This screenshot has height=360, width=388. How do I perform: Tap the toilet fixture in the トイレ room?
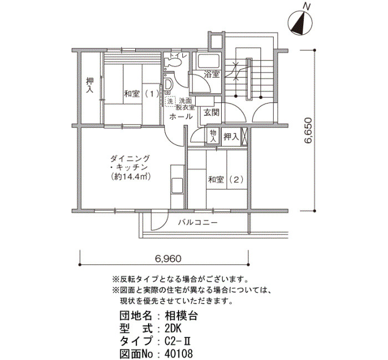click(172, 63)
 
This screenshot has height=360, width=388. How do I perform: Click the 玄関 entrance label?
click(211, 113)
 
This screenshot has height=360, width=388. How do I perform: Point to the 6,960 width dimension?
click(169, 259)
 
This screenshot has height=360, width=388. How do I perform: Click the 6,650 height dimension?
click(308, 131)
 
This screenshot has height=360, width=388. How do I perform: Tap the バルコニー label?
click(198, 223)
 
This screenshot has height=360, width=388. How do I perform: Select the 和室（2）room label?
click(226, 179)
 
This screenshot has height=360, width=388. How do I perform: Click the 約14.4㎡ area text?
click(131, 177)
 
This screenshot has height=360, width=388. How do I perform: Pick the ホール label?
click(181, 116)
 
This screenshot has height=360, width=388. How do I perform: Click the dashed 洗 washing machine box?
click(170, 101)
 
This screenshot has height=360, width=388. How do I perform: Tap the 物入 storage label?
click(213, 136)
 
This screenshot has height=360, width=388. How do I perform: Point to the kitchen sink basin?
click(177, 185)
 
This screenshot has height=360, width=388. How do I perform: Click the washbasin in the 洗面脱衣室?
click(169, 85)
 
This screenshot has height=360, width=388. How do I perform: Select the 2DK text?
click(173, 329)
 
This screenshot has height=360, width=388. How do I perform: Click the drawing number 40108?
click(178, 353)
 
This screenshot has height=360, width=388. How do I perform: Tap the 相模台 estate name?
click(181, 316)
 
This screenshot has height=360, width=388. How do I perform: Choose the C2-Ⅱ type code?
click(177, 341)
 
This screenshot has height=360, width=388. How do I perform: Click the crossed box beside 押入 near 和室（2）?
click(244, 136)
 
